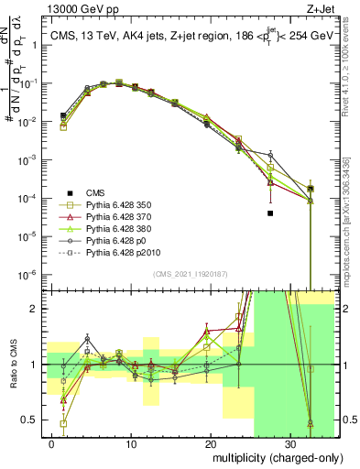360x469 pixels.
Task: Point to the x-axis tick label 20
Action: (x=210, y=444)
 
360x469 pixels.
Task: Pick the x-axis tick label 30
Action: (x=289, y=444)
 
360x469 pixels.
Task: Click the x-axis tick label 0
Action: (x=52, y=444)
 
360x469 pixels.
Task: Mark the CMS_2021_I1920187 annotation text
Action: (x=180, y=272)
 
